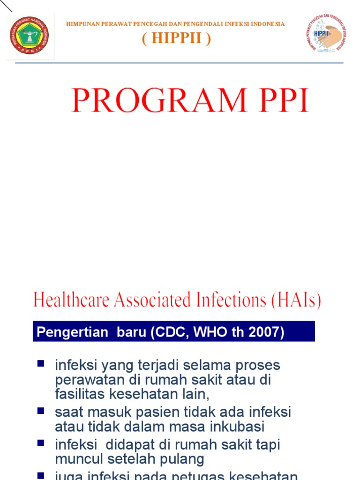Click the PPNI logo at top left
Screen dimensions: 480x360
pyautogui.click(x=29, y=37)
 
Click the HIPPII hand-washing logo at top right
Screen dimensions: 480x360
pyautogui.click(x=325, y=34)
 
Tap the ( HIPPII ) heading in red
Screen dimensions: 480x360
pyautogui.click(x=176, y=39)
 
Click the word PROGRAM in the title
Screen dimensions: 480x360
pyautogui.click(x=158, y=100)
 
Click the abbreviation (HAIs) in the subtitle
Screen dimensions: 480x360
pyautogui.click(x=296, y=300)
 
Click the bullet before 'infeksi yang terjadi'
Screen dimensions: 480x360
pyautogui.click(x=41, y=363)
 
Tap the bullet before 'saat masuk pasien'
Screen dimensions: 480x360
pyautogui.click(x=41, y=411)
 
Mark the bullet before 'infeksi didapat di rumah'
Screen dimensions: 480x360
pyautogui.click(x=41, y=442)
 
